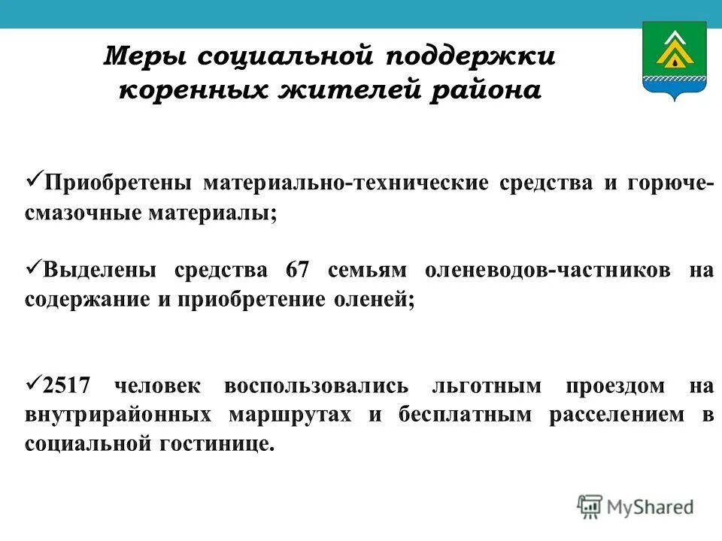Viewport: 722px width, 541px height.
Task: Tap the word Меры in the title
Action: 147,57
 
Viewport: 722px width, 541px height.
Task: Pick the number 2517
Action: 67,386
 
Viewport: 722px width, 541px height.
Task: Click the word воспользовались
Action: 316,386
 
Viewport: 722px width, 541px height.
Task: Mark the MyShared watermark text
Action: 651,506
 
